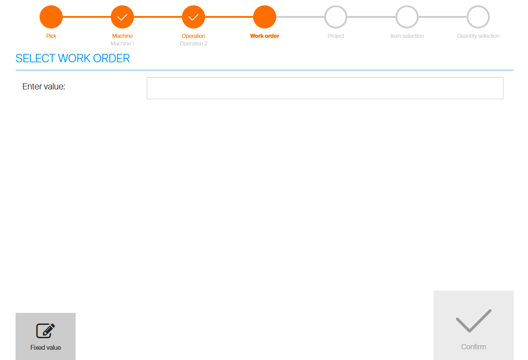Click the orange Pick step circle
[51, 17]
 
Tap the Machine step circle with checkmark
[122, 17]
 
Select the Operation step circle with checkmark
[193, 17]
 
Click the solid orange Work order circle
[265, 17]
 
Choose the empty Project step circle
[336, 17]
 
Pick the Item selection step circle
[407, 17]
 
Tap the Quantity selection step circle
[478, 17]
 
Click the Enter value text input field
[325, 88]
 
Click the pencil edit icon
[45, 331]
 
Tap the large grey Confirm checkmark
[473, 320]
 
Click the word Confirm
[473, 347]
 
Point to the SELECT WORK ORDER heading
[73, 58]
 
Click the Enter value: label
[44, 86]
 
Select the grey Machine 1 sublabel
[122, 44]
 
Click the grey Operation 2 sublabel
[193, 44]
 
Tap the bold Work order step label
[265, 36]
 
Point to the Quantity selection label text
[478, 36]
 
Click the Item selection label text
[407, 36]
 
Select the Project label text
[336, 36]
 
